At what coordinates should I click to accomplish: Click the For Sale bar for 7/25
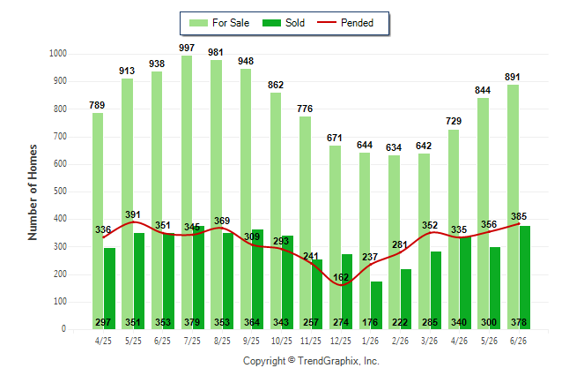pyautogui.click(x=187, y=192)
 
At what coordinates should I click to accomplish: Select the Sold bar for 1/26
pyautogui.click(x=376, y=305)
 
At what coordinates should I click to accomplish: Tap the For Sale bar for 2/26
pyautogui.click(x=394, y=242)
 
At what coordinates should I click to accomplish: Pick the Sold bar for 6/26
pyautogui.click(x=525, y=277)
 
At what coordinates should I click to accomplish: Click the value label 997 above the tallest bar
pyautogui.click(x=187, y=48)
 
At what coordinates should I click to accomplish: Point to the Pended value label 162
pyautogui.click(x=341, y=277)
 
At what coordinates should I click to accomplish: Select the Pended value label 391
pyautogui.click(x=133, y=214)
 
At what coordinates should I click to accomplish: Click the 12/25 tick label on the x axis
pyautogui.click(x=341, y=341)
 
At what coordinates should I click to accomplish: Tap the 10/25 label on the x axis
pyautogui.click(x=281, y=341)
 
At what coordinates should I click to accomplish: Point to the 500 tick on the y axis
pyautogui.click(x=60, y=191)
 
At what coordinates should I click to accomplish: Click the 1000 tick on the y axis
pyautogui.click(x=58, y=54)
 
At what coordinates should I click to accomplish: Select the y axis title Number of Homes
pyautogui.click(x=33, y=192)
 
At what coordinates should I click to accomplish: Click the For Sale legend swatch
pyautogui.click(x=198, y=23)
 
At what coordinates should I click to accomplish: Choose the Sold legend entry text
pyautogui.click(x=295, y=23)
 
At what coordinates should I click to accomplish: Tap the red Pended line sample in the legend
pyautogui.click(x=327, y=22)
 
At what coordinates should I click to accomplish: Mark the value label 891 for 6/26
pyautogui.click(x=513, y=77)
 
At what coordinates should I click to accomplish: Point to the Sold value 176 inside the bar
pyautogui.click(x=370, y=322)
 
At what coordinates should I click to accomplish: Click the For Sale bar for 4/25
pyautogui.click(x=98, y=222)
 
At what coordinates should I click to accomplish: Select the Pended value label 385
pyautogui.click(x=519, y=216)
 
